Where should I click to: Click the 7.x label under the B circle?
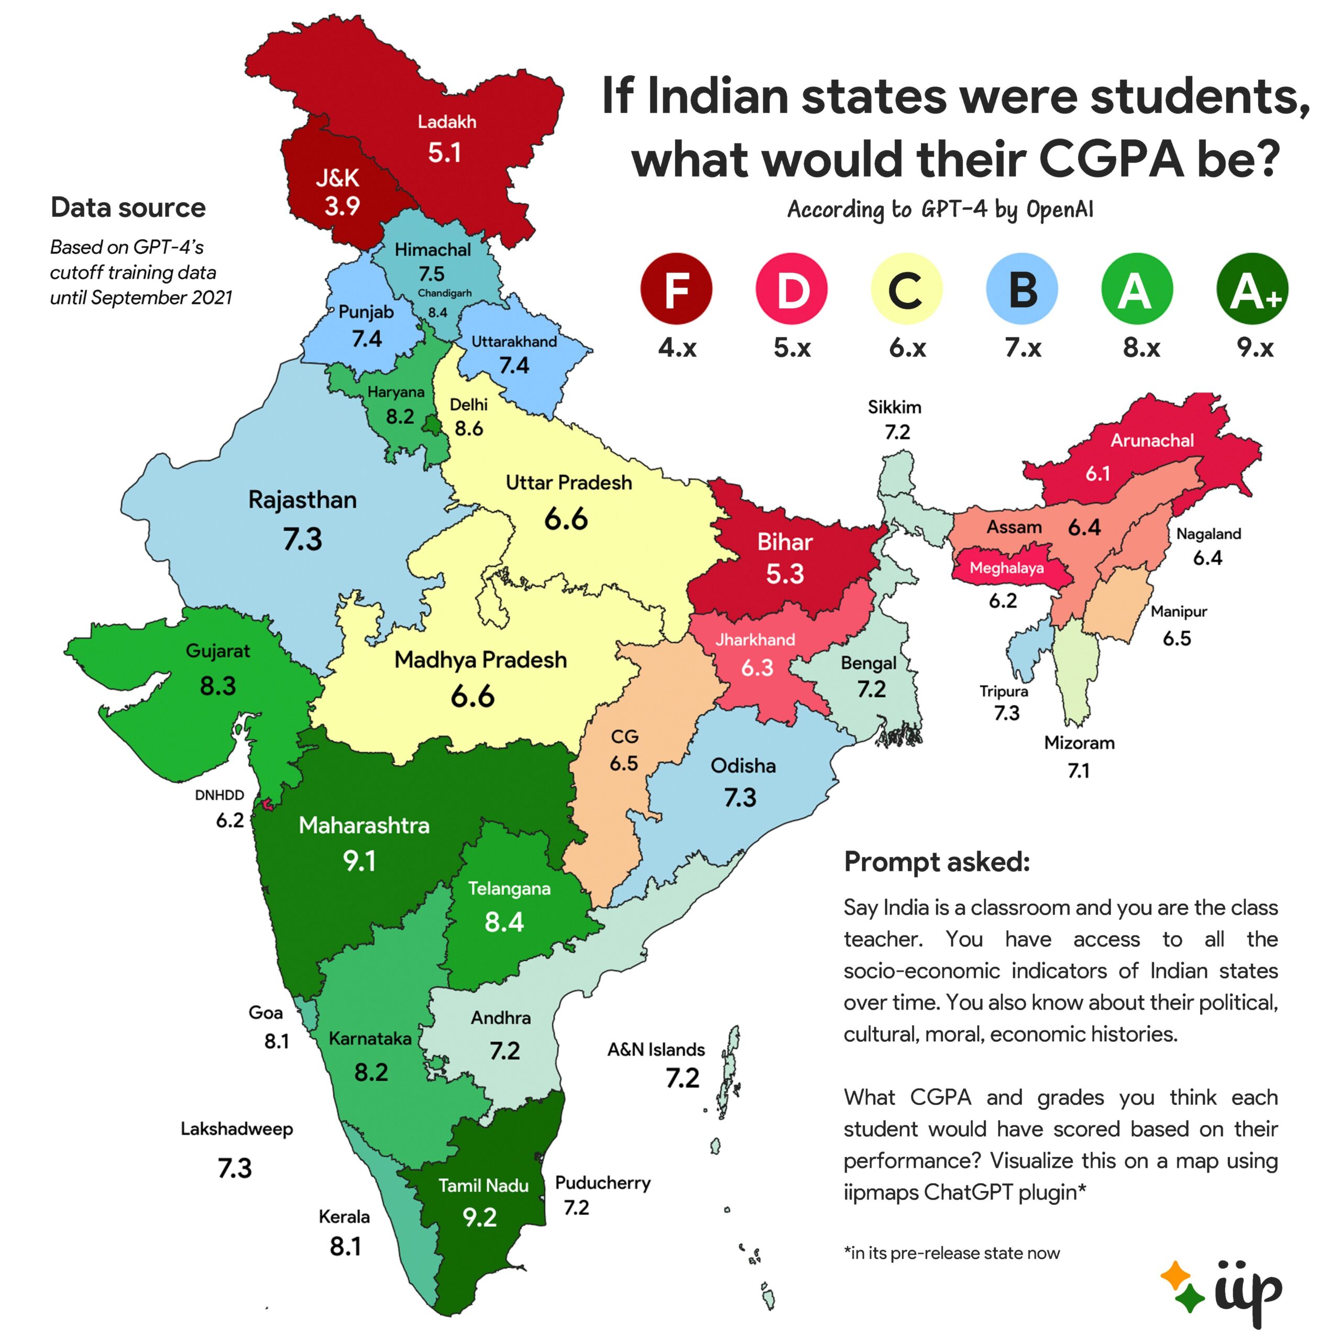coord(1023,347)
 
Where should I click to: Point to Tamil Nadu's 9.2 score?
coord(480,1217)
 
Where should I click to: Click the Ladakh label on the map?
coord(447,122)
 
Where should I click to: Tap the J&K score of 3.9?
coord(342,206)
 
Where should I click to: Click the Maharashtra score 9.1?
coord(359,861)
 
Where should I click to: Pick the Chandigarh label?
coord(444,293)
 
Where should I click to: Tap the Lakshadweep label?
coord(237,1129)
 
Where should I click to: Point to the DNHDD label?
coord(219,795)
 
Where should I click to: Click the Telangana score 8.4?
coord(504,922)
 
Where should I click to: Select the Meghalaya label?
coord(1006,568)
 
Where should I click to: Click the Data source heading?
coord(128,207)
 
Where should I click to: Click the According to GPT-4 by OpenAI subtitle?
coord(940,209)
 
